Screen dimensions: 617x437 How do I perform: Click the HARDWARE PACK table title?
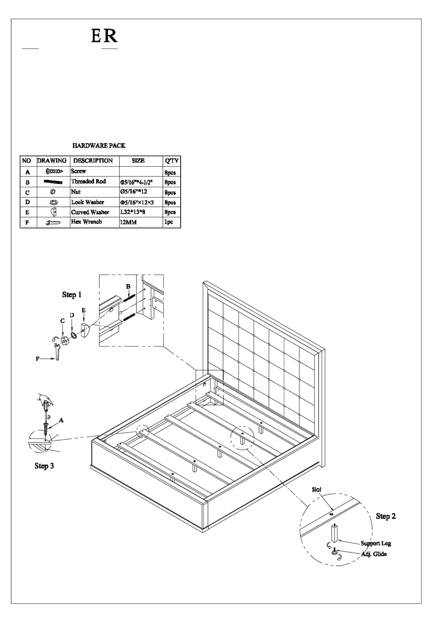click(99, 146)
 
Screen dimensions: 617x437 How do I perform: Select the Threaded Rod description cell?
click(88, 182)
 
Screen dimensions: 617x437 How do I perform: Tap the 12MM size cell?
click(128, 222)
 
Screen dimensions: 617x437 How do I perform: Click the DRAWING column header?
click(52, 161)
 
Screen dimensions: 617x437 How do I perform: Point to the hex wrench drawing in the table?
click(53, 222)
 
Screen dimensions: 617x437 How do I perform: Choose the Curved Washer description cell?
click(90, 212)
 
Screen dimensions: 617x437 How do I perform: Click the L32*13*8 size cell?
click(133, 212)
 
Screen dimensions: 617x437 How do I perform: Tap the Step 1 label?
click(72, 295)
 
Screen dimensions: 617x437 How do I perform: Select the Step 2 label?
click(386, 516)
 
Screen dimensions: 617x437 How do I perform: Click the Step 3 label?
click(44, 466)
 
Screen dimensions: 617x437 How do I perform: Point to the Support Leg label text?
click(376, 543)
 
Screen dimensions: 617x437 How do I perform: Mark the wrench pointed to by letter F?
click(57, 352)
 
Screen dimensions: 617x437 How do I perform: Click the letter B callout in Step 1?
click(128, 286)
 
